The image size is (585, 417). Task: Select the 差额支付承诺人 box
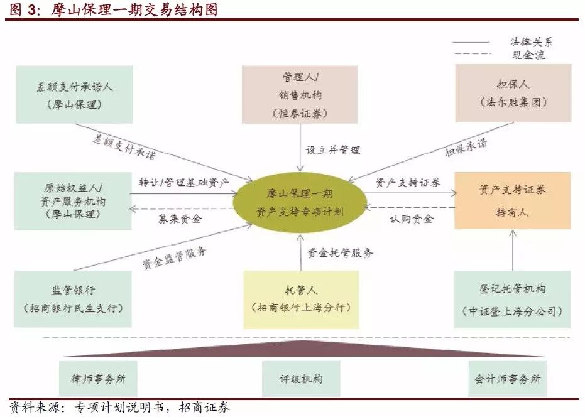coord(75,95)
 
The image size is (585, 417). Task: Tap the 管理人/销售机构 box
coord(300,95)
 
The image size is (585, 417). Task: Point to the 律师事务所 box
coord(98,379)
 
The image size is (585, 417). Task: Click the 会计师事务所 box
coord(507,379)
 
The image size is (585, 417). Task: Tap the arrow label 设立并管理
coord(333,150)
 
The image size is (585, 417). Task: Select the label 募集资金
coord(180,219)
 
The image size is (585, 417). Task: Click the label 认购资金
coord(412,219)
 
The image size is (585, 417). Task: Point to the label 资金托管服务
coord(340,253)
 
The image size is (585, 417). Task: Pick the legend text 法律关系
coord(532,42)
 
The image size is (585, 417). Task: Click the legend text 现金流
coord(528,55)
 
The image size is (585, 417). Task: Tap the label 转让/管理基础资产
coord(184,182)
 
